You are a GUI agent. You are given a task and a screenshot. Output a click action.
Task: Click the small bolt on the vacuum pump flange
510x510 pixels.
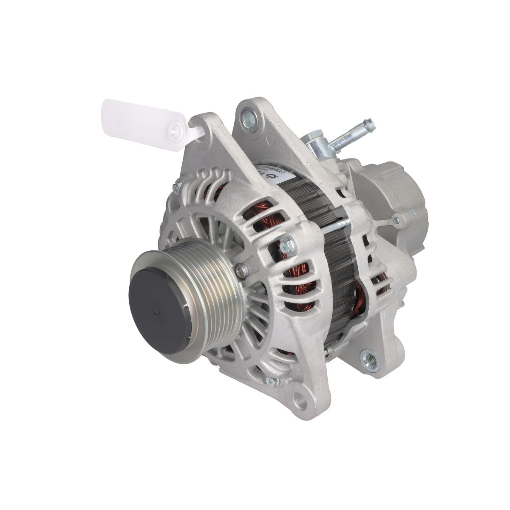[x=397, y=220]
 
